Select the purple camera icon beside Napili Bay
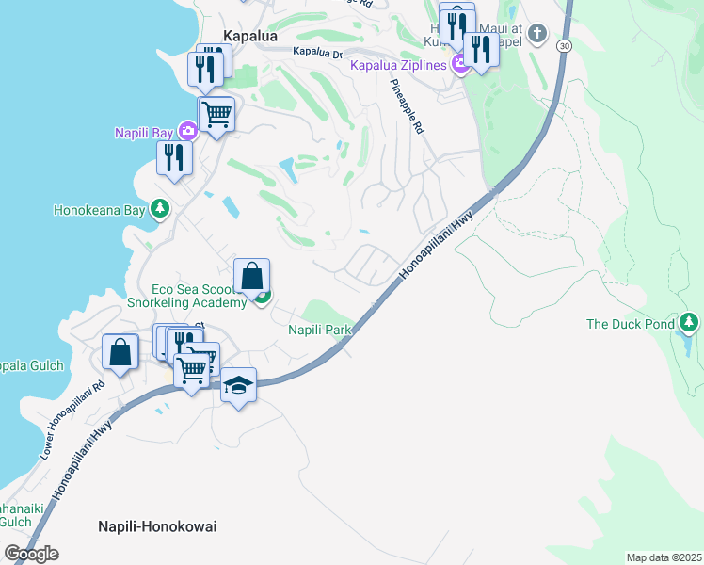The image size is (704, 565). point(187,131)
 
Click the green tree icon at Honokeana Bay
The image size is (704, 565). point(160,208)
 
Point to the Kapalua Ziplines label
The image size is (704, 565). point(399,65)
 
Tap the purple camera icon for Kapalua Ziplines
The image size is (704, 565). point(460,64)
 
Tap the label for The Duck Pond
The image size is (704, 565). point(631,324)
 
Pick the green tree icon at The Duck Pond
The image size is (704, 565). point(689,324)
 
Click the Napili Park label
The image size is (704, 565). point(319,330)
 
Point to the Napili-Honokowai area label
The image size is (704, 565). point(157,526)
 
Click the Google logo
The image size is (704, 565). point(31,553)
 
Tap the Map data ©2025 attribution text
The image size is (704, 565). point(664,557)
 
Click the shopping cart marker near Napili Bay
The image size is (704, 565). point(217,114)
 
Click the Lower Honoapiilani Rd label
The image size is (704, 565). point(72,420)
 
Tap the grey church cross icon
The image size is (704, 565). point(536,35)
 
